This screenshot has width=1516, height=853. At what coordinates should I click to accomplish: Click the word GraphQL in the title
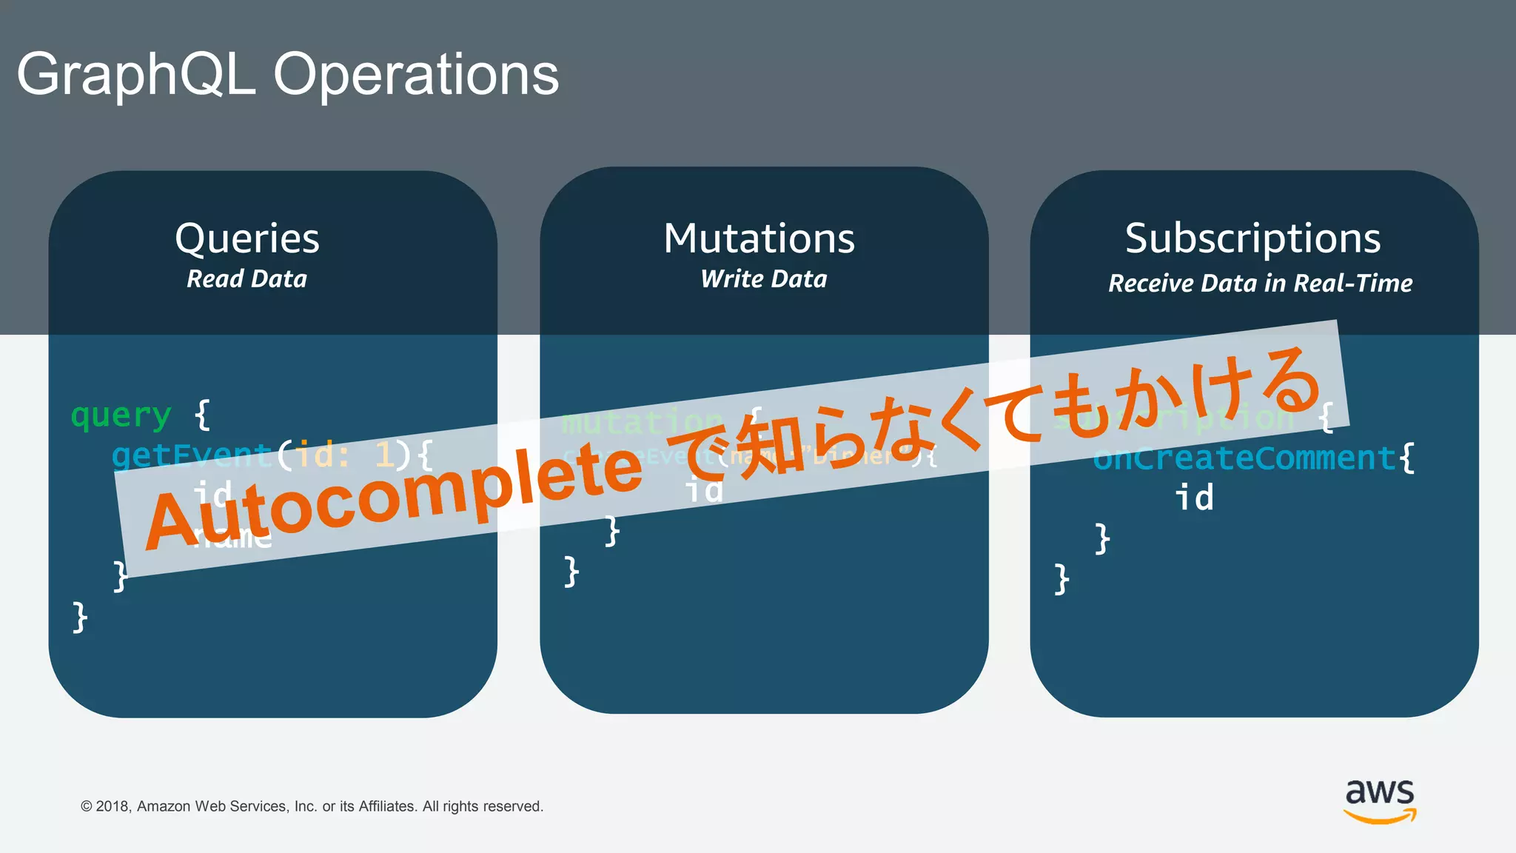coord(136,76)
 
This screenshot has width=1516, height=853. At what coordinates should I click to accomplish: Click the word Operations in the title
coord(416,76)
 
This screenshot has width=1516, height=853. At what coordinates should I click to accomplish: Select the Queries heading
coord(247,238)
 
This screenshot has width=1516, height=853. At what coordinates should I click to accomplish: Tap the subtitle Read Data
coord(246,279)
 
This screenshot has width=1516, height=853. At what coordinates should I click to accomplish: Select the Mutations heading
coord(759,238)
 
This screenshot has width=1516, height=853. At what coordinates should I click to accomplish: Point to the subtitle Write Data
coord(763,279)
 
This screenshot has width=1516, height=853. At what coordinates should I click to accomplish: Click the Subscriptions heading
coord(1252,238)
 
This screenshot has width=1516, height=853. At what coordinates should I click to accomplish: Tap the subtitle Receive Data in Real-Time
coord(1260,283)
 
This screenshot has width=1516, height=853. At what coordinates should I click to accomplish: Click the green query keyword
coord(121,415)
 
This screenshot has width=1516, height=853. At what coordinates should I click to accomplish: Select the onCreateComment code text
coord(1244,458)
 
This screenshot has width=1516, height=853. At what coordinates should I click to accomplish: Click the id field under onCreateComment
coord(1194,498)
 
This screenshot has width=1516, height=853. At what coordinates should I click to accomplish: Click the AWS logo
coord(1380,800)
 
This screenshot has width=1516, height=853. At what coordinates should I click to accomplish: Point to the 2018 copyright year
coord(113,806)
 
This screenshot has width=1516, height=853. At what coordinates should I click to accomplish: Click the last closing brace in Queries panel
coord(80,617)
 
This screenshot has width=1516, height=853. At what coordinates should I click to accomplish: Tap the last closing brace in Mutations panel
coord(571,572)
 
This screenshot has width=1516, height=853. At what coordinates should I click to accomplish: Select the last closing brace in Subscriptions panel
coord(1061,579)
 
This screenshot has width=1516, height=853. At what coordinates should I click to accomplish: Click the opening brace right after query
coord(202,415)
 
